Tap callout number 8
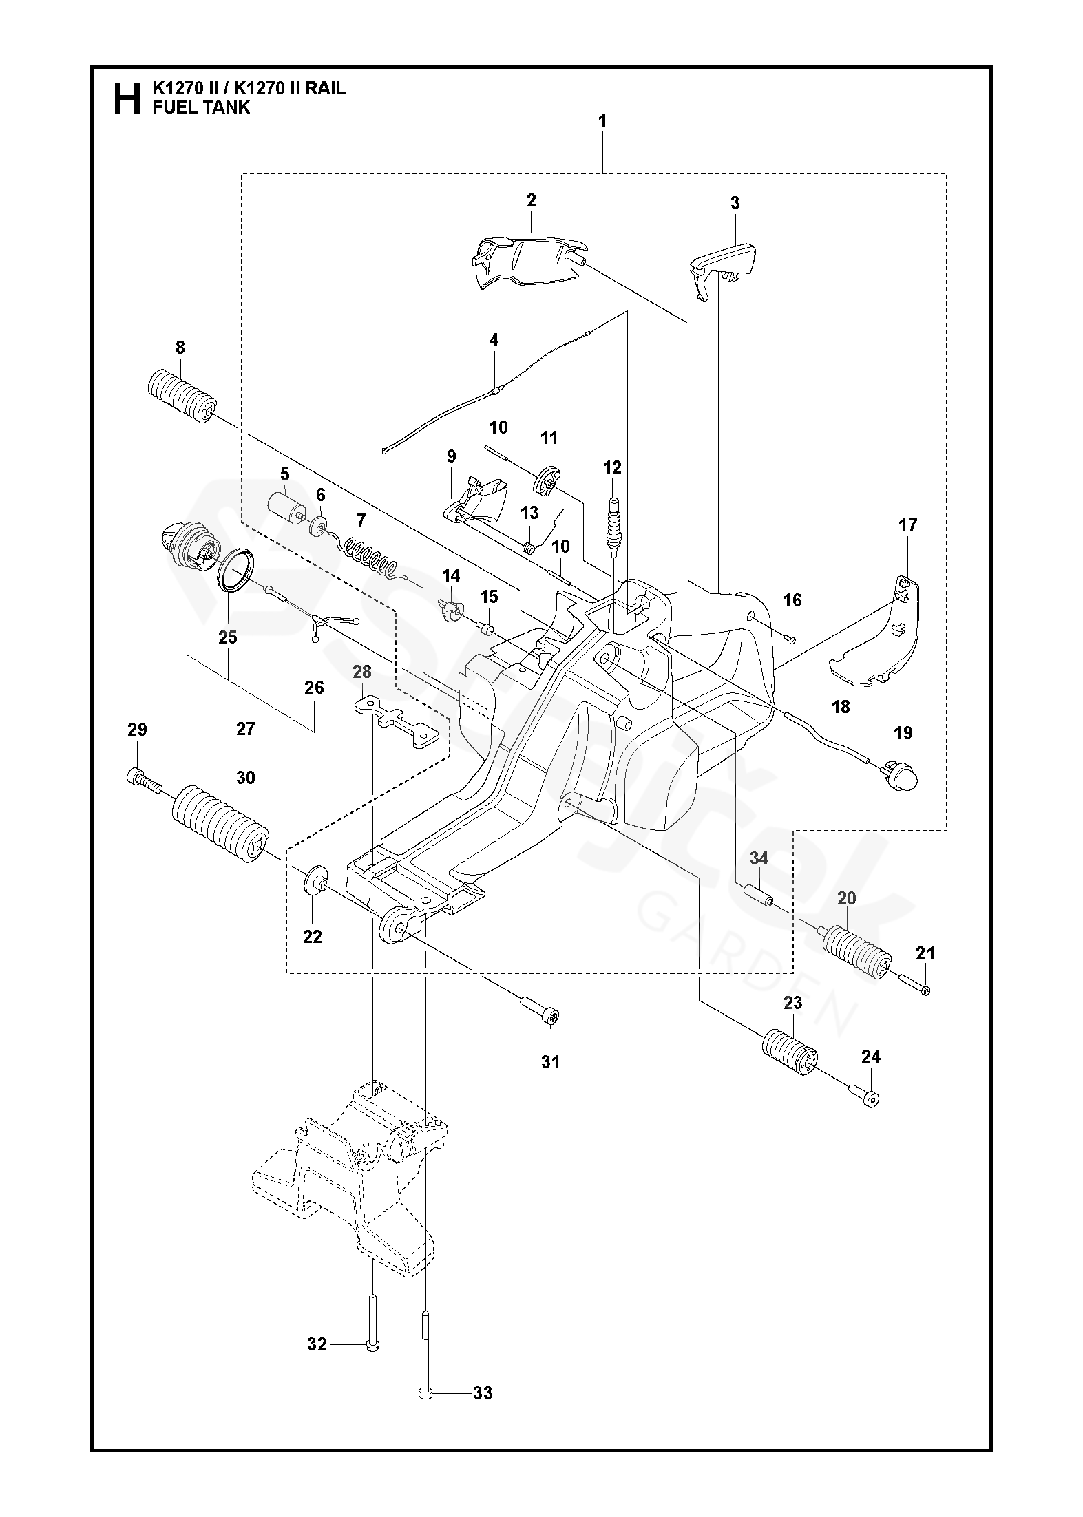point(180,348)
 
